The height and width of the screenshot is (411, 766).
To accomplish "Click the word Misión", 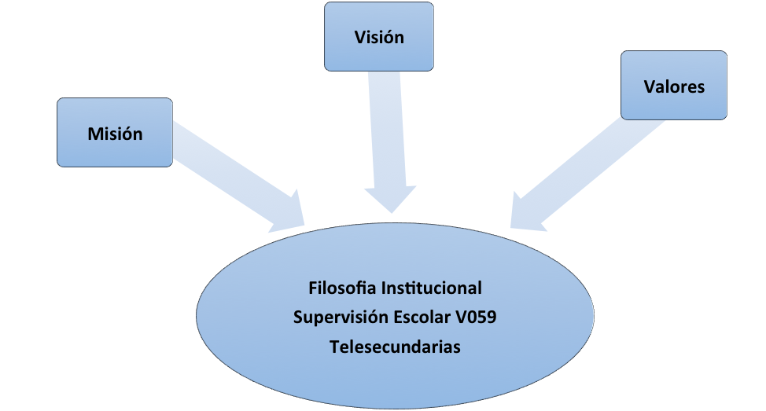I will (x=115, y=134).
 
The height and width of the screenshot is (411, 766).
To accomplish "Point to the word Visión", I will (x=379, y=37).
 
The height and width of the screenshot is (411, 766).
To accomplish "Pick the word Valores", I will (x=674, y=86).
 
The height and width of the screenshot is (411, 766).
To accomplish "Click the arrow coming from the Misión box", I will (x=228, y=173).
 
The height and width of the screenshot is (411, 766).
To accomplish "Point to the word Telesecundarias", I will (x=396, y=347).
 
